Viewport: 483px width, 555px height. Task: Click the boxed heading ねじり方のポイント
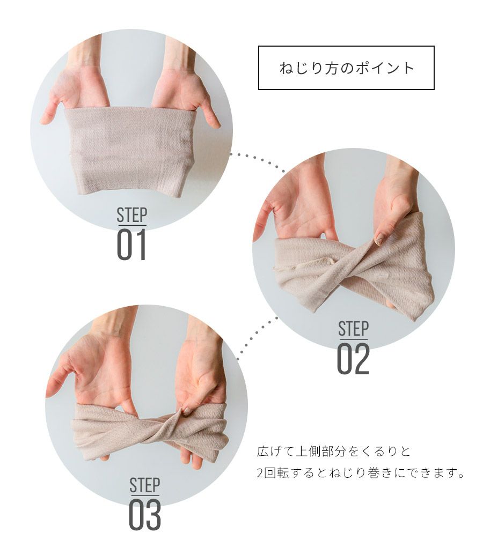point(346,68)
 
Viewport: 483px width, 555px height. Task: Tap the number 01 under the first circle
point(131,245)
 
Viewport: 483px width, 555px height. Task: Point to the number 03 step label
point(145,515)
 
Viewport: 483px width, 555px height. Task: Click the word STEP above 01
point(132,215)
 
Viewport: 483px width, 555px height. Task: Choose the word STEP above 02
point(353,329)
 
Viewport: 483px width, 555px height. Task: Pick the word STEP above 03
point(144,485)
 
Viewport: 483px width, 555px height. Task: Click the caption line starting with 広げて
point(334,452)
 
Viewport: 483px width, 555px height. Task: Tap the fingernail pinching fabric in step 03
point(186,411)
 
